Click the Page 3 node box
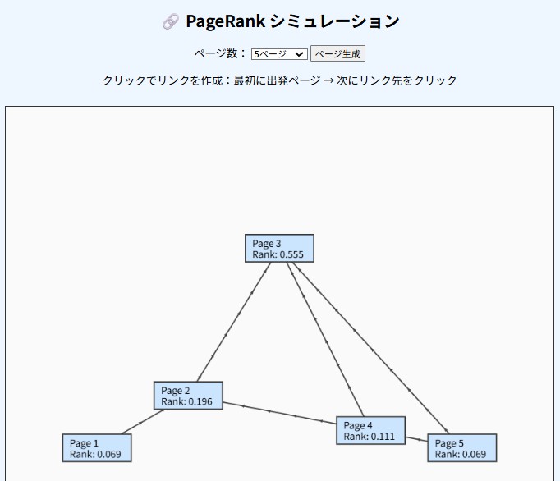(x=279, y=248)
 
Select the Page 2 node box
(x=188, y=396)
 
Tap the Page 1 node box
(x=97, y=448)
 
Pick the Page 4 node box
(x=370, y=430)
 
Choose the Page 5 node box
(x=462, y=448)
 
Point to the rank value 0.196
(x=199, y=402)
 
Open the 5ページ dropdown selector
(x=279, y=54)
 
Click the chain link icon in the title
(x=170, y=22)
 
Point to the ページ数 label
(x=219, y=54)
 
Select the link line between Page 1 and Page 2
(x=143, y=422)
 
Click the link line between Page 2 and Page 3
(x=234, y=322)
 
